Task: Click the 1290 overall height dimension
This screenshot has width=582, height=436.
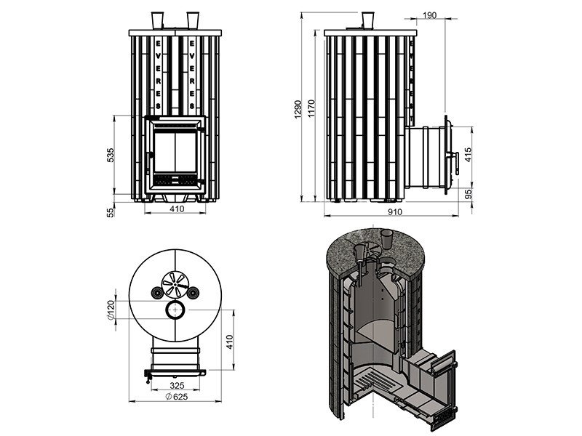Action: click(x=297, y=109)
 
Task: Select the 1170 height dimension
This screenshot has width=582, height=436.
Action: click(x=311, y=108)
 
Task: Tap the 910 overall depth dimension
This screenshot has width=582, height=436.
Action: click(x=394, y=211)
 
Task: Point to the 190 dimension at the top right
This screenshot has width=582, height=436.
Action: click(x=429, y=15)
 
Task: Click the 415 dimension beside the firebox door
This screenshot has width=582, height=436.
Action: click(x=468, y=155)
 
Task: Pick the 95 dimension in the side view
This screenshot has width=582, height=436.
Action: click(x=468, y=194)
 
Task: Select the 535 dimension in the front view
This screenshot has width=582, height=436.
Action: click(x=111, y=155)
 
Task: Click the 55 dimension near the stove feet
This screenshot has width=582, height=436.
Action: click(x=111, y=212)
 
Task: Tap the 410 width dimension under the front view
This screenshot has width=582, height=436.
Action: click(x=177, y=209)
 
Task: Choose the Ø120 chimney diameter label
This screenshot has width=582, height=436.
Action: click(x=111, y=310)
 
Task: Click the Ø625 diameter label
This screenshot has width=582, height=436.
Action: click(x=176, y=397)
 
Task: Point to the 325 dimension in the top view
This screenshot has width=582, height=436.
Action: click(x=177, y=386)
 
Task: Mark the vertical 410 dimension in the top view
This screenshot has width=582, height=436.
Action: click(x=229, y=342)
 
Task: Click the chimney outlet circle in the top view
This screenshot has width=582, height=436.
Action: click(x=175, y=310)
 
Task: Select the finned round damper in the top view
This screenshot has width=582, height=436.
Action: click(x=175, y=284)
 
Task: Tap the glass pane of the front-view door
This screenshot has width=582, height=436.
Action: click(x=175, y=152)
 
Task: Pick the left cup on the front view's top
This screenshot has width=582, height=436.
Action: click(x=157, y=20)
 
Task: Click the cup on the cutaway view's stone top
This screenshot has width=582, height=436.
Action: click(x=387, y=238)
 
